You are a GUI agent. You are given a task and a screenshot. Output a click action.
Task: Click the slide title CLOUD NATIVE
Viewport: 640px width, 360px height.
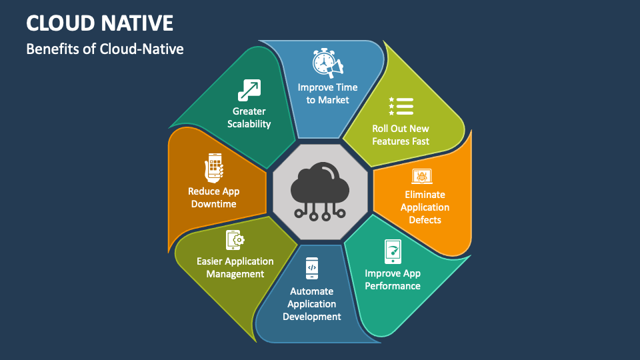pyautogui.click(x=100, y=23)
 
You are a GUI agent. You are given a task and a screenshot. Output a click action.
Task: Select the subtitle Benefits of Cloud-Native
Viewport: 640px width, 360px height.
pyautogui.click(x=105, y=49)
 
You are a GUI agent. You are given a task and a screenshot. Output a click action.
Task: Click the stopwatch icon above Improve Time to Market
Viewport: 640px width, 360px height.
pyautogui.click(x=326, y=63)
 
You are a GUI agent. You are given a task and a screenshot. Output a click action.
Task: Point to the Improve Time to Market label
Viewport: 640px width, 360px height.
pyautogui.click(x=327, y=93)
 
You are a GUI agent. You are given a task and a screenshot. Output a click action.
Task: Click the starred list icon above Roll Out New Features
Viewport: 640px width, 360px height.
pyautogui.click(x=401, y=106)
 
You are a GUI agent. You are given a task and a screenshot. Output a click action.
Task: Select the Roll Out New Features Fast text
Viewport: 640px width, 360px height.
pyautogui.click(x=401, y=135)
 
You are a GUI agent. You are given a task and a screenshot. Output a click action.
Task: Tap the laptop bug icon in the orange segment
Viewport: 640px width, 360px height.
pyautogui.click(x=423, y=177)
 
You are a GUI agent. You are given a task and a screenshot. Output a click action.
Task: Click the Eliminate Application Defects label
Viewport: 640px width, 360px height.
pyautogui.click(x=425, y=207)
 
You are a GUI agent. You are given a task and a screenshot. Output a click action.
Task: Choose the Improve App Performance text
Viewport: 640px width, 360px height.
pyautogui.click(x=393, y=279)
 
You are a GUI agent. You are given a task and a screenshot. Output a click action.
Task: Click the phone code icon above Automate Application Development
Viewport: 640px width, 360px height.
pyautogui.click(x=312, y=268)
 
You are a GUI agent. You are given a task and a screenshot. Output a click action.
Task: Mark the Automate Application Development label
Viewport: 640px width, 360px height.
pyautogui.click(x=312, y=304)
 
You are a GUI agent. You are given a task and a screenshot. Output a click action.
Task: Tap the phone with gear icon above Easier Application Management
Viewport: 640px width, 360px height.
pyautogui.click(x=235, y=240)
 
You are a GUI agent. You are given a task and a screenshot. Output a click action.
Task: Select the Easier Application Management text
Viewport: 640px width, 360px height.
pyautogui.click(x=235, y=267)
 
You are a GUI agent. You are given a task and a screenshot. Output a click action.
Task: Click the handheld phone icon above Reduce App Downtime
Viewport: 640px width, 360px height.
pyautogui.click(x=213, y=167)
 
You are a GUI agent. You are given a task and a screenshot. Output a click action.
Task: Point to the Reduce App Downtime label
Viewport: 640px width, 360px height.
pyautogui.click(x=213, y=197)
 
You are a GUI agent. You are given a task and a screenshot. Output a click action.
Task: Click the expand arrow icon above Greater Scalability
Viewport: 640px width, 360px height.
pyautogui.click(x=249, y=90)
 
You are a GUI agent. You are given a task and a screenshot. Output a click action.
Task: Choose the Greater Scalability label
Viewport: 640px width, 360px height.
pyautogui.click(x=249, y=117)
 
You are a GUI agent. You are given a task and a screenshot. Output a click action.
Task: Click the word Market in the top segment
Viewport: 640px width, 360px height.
pyautogui.click(x=333, y=100)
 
